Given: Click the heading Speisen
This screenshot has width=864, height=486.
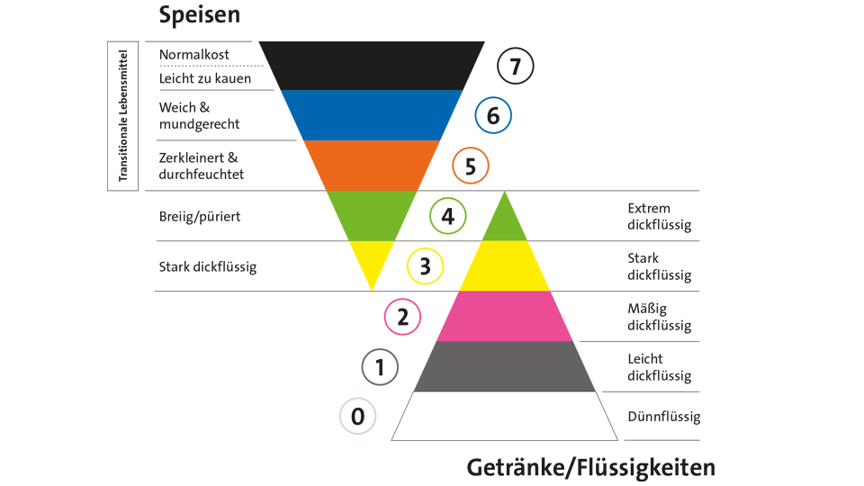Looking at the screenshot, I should tap(200, 15).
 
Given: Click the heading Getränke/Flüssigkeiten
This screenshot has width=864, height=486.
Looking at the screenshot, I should tap(591, 467).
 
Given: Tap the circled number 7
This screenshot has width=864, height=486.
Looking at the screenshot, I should tap(516, 66).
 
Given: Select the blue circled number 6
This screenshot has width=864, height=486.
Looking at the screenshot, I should tap(493, 115).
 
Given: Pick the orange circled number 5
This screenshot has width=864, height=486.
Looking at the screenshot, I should tap(470, 166).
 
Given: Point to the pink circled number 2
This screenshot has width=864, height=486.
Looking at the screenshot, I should tap(402, 317).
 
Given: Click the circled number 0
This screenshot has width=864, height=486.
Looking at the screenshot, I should tap(357, 417).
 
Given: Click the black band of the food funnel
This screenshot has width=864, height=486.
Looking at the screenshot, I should tap(371, 65).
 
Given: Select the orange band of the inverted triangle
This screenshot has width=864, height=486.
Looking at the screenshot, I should tap(371, 165).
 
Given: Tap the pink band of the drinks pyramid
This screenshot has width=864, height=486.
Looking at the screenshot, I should tap(505, 316).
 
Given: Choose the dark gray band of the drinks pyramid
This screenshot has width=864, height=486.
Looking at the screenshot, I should tap(505, 366).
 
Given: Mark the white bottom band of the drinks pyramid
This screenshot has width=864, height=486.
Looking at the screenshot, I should tap(505, 416).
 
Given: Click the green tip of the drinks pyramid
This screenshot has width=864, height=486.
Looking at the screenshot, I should tap(505, 221).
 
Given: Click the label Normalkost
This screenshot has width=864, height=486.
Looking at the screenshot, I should tap(194, 54).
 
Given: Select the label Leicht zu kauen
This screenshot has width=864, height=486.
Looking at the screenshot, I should tap(205, 78).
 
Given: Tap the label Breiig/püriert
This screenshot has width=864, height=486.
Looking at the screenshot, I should tap(200, 217).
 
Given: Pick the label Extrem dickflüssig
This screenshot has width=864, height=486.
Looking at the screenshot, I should tap(659, 217).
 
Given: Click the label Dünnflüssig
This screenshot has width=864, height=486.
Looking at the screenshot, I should tap(663, 417).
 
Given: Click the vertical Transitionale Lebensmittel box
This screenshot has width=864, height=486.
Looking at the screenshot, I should tap(122, 114).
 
